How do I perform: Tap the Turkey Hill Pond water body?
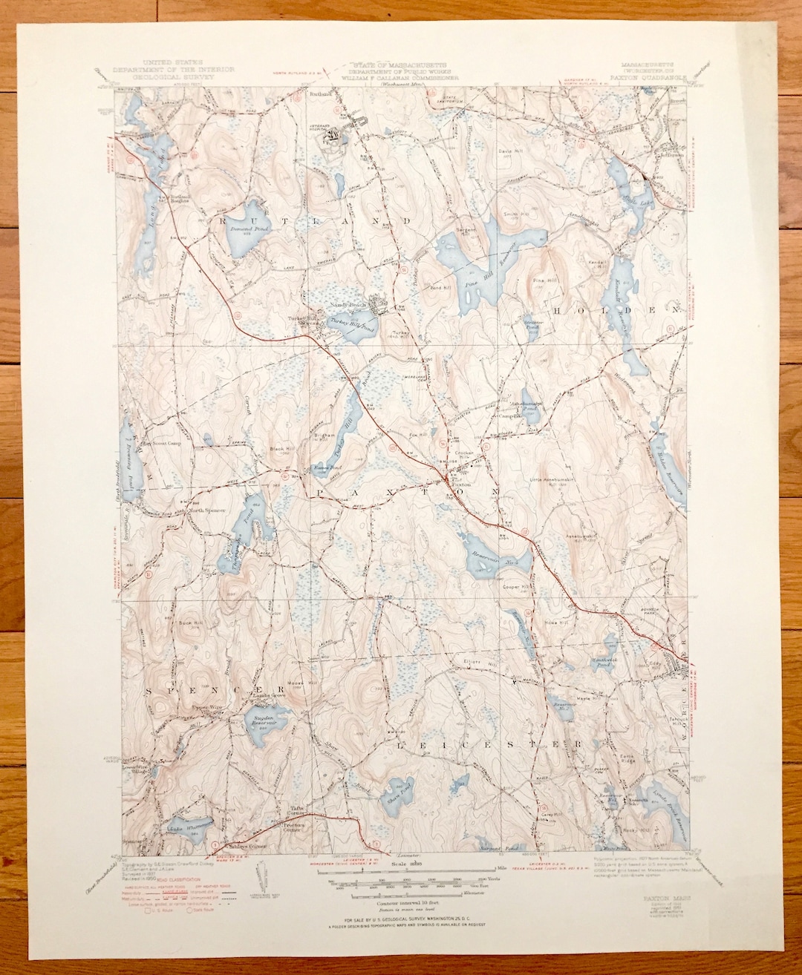pyautogui.click(x=355, y=327)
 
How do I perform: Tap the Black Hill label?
pyautogui.click(x=281, y=449)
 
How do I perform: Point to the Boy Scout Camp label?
pyautogui.click(x=162, y=444)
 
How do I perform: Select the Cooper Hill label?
pyautogui.click(x=515, y=587)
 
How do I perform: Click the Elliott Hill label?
pyautogui.click(x=474, y=662)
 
